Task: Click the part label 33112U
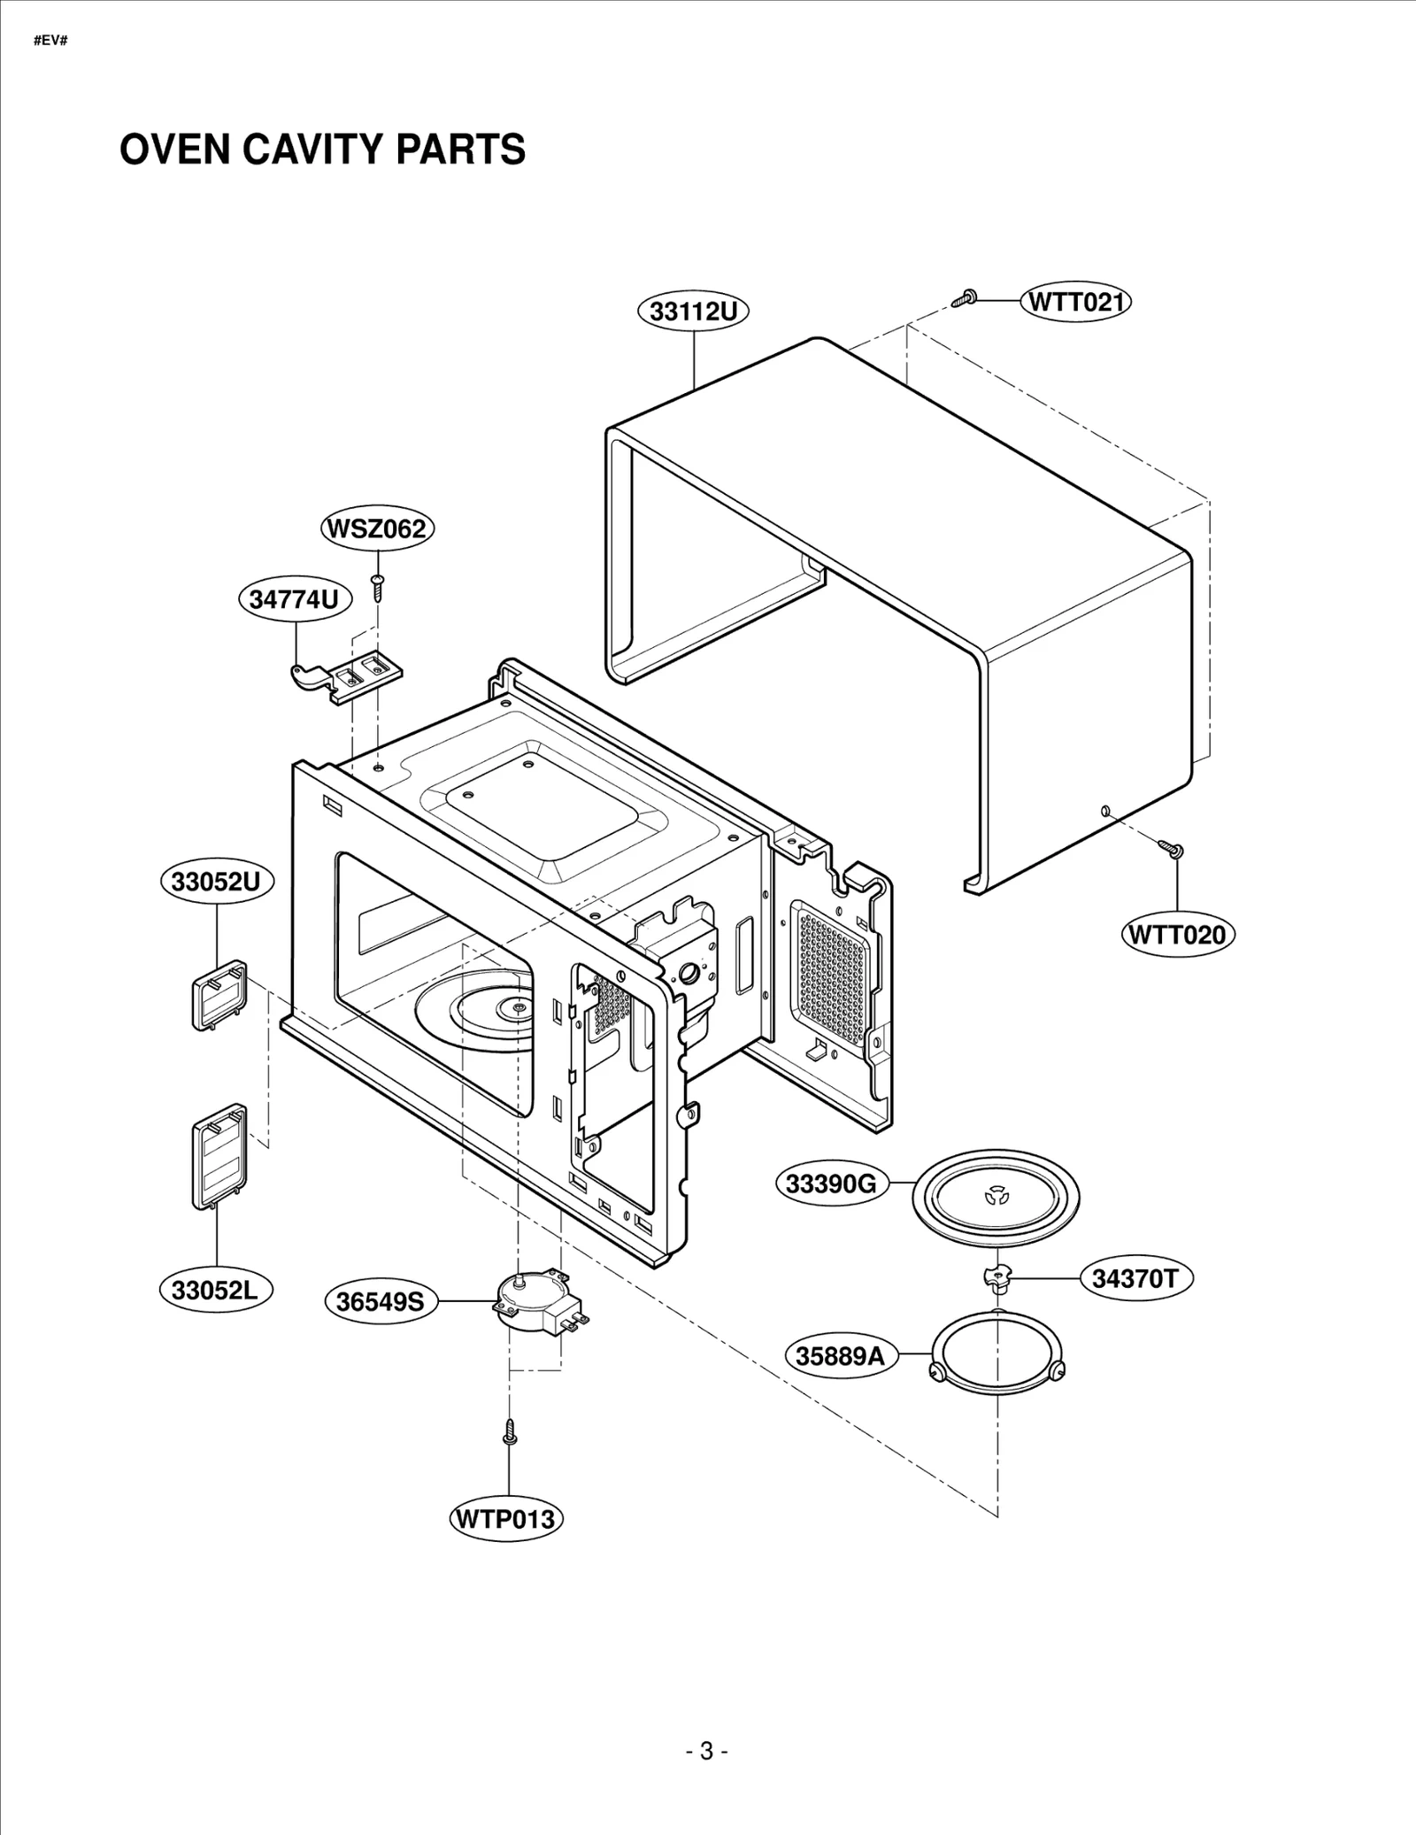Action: (694, 312)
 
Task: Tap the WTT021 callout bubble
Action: (1076, 302)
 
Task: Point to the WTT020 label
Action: (1177, 935)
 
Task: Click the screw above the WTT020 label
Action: (1172, 849)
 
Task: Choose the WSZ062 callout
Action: (377, 529)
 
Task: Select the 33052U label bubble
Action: (217, 882)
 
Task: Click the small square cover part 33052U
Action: (219, 995)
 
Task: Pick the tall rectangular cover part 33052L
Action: (219, 1157)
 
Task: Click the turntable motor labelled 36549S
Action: (534, 1299)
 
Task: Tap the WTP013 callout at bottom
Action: (505, 1519)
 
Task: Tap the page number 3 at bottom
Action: (706, 1752)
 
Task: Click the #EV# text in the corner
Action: (50, 42)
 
